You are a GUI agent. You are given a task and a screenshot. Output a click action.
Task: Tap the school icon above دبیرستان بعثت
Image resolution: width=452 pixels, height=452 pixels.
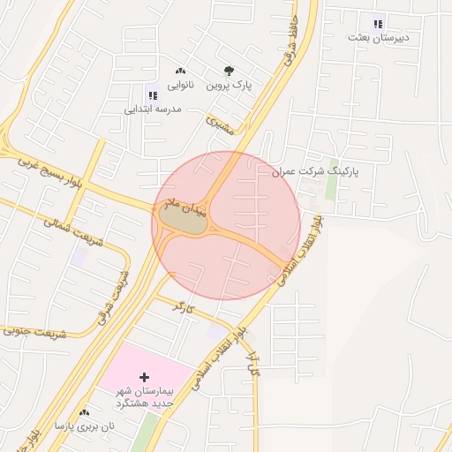point(378,24)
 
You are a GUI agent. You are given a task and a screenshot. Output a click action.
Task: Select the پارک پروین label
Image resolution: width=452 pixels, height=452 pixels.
point(230,87)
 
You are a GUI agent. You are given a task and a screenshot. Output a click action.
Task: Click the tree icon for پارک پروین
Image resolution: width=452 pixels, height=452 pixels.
point(230,72)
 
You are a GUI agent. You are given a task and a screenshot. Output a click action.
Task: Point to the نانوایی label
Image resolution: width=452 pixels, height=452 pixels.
point(180,87)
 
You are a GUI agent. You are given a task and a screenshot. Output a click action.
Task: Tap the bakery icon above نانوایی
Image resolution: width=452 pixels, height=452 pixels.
point(180,72)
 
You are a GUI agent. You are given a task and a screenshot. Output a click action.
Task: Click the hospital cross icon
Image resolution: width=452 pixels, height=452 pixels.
point(144,377)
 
